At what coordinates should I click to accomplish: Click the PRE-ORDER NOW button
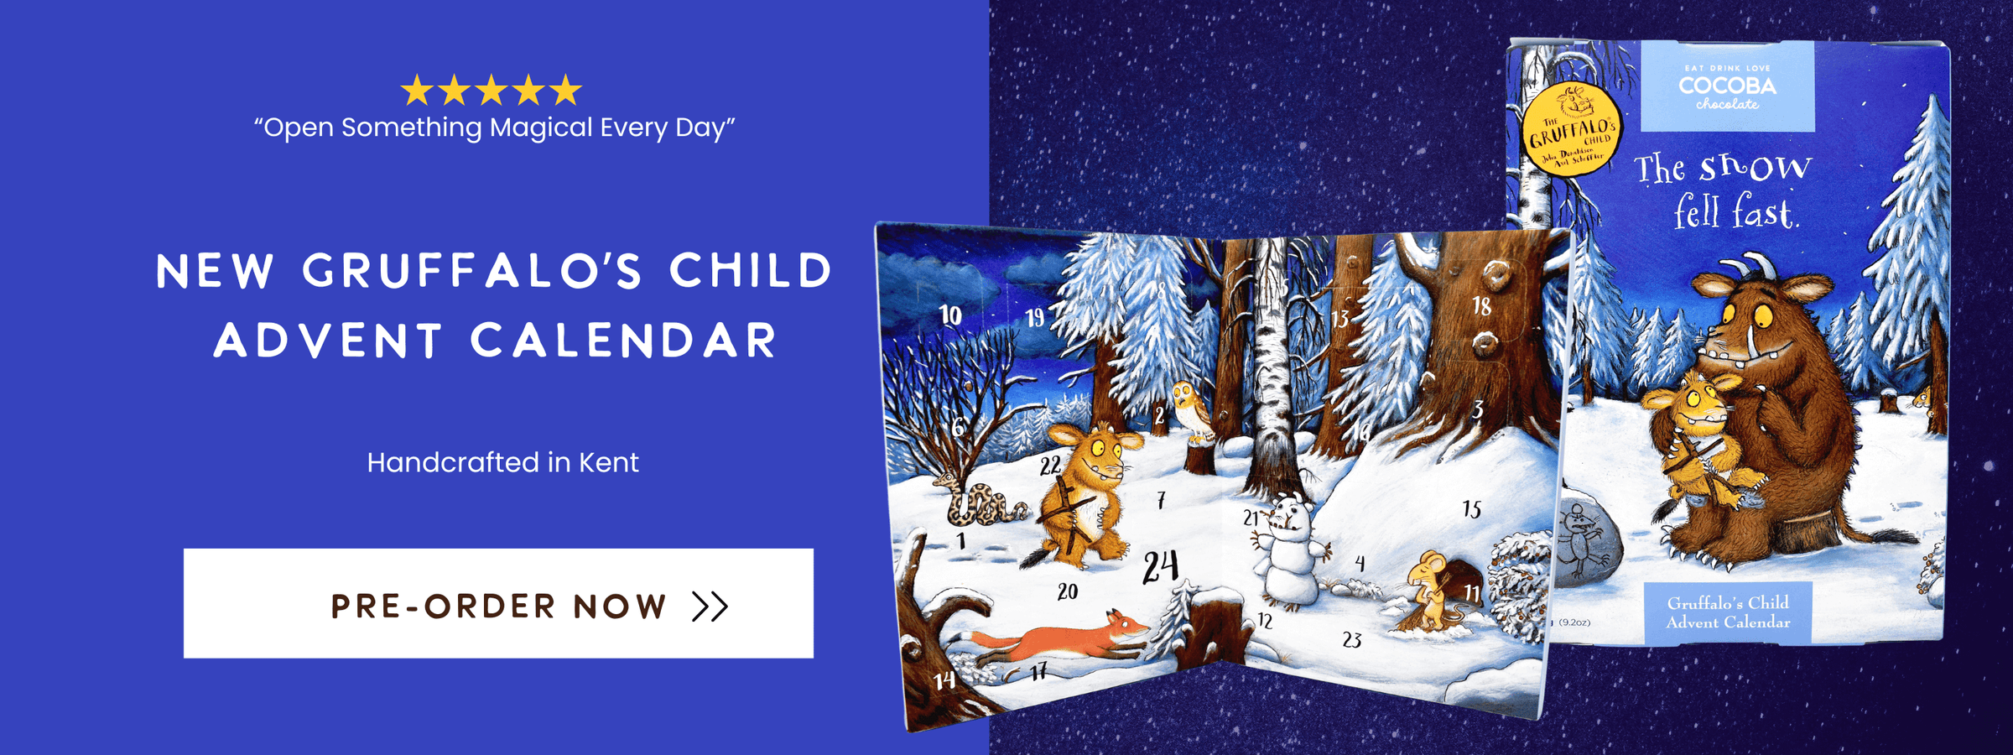pos(498,603)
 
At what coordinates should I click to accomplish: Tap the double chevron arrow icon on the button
pos(710,606)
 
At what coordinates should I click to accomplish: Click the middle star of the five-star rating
pos(492,90)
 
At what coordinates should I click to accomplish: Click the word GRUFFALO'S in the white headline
pos(473,272)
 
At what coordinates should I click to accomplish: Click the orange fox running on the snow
pos(1061,639)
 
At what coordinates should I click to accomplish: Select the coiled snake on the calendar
pos(981,503)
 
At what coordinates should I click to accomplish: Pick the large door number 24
pos(1161,567)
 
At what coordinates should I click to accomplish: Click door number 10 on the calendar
pos(949,315)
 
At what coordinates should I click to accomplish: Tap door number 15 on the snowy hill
pos(1471,509)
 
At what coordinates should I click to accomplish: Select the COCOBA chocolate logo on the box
pos(1727,87)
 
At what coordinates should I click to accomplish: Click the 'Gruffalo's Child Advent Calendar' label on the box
pos(1728,612)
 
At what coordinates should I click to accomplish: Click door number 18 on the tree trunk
pos(1482,305)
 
